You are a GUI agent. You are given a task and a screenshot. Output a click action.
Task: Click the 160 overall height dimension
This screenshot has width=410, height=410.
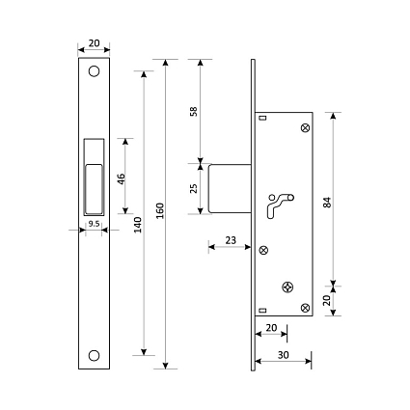160,211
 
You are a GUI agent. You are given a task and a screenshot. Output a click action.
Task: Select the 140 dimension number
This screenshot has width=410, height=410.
138,225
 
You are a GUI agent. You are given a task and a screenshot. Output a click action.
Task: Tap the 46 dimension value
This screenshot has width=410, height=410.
121,179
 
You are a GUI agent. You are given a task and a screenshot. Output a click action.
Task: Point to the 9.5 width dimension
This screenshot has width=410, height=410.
94,224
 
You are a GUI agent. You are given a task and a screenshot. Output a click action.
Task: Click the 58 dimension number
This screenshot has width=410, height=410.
194,111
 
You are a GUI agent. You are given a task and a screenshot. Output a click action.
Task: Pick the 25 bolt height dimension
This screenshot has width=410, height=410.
194,188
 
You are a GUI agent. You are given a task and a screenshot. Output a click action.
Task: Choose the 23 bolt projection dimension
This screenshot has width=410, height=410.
231,240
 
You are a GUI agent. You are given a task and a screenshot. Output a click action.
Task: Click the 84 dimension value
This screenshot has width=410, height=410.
327,203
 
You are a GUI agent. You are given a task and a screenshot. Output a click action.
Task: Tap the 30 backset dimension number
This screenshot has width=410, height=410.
284,355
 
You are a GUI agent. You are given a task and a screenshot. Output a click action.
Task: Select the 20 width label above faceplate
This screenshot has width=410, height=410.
95,43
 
